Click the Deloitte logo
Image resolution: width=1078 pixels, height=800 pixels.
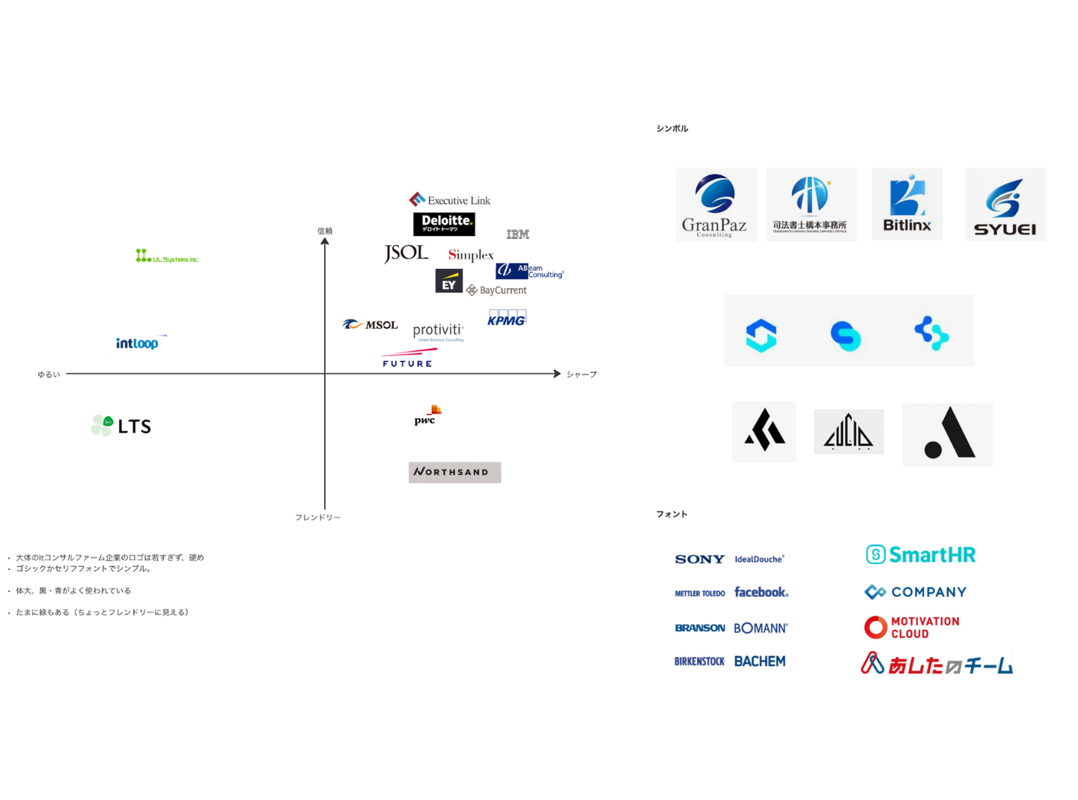coord(444,223)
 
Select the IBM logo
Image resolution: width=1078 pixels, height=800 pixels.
coord(517,234)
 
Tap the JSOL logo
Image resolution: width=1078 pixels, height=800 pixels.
coord(406,253)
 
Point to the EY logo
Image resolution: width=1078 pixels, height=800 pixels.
coord(448,281)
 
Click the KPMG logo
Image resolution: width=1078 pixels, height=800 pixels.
coord(507,318)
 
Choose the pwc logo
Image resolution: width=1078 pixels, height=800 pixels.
coord(427,415)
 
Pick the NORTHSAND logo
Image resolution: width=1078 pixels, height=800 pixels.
coord(454,472)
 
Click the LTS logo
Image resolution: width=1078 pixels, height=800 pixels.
coord(121,425)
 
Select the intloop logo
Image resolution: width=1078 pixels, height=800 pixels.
coord(138,343)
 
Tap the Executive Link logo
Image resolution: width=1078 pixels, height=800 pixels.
coord(450,200)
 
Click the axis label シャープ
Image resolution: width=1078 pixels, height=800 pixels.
coord(582,375)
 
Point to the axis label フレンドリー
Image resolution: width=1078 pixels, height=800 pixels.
coord(317,518)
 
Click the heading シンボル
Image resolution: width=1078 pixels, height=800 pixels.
coord(672,129)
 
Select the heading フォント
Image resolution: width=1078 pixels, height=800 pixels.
coord(672,514)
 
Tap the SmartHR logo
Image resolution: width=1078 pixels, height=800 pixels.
coord(921,554)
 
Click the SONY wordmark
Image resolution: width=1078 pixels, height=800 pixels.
coord(699,559)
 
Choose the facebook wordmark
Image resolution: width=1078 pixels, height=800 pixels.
coord(761,593)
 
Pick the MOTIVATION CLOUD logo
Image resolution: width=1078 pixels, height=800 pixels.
coord(912,628)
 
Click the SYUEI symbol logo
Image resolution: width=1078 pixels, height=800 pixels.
coord(1005,205)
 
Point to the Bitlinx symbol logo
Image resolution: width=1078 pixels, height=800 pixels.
coord(907,204)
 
